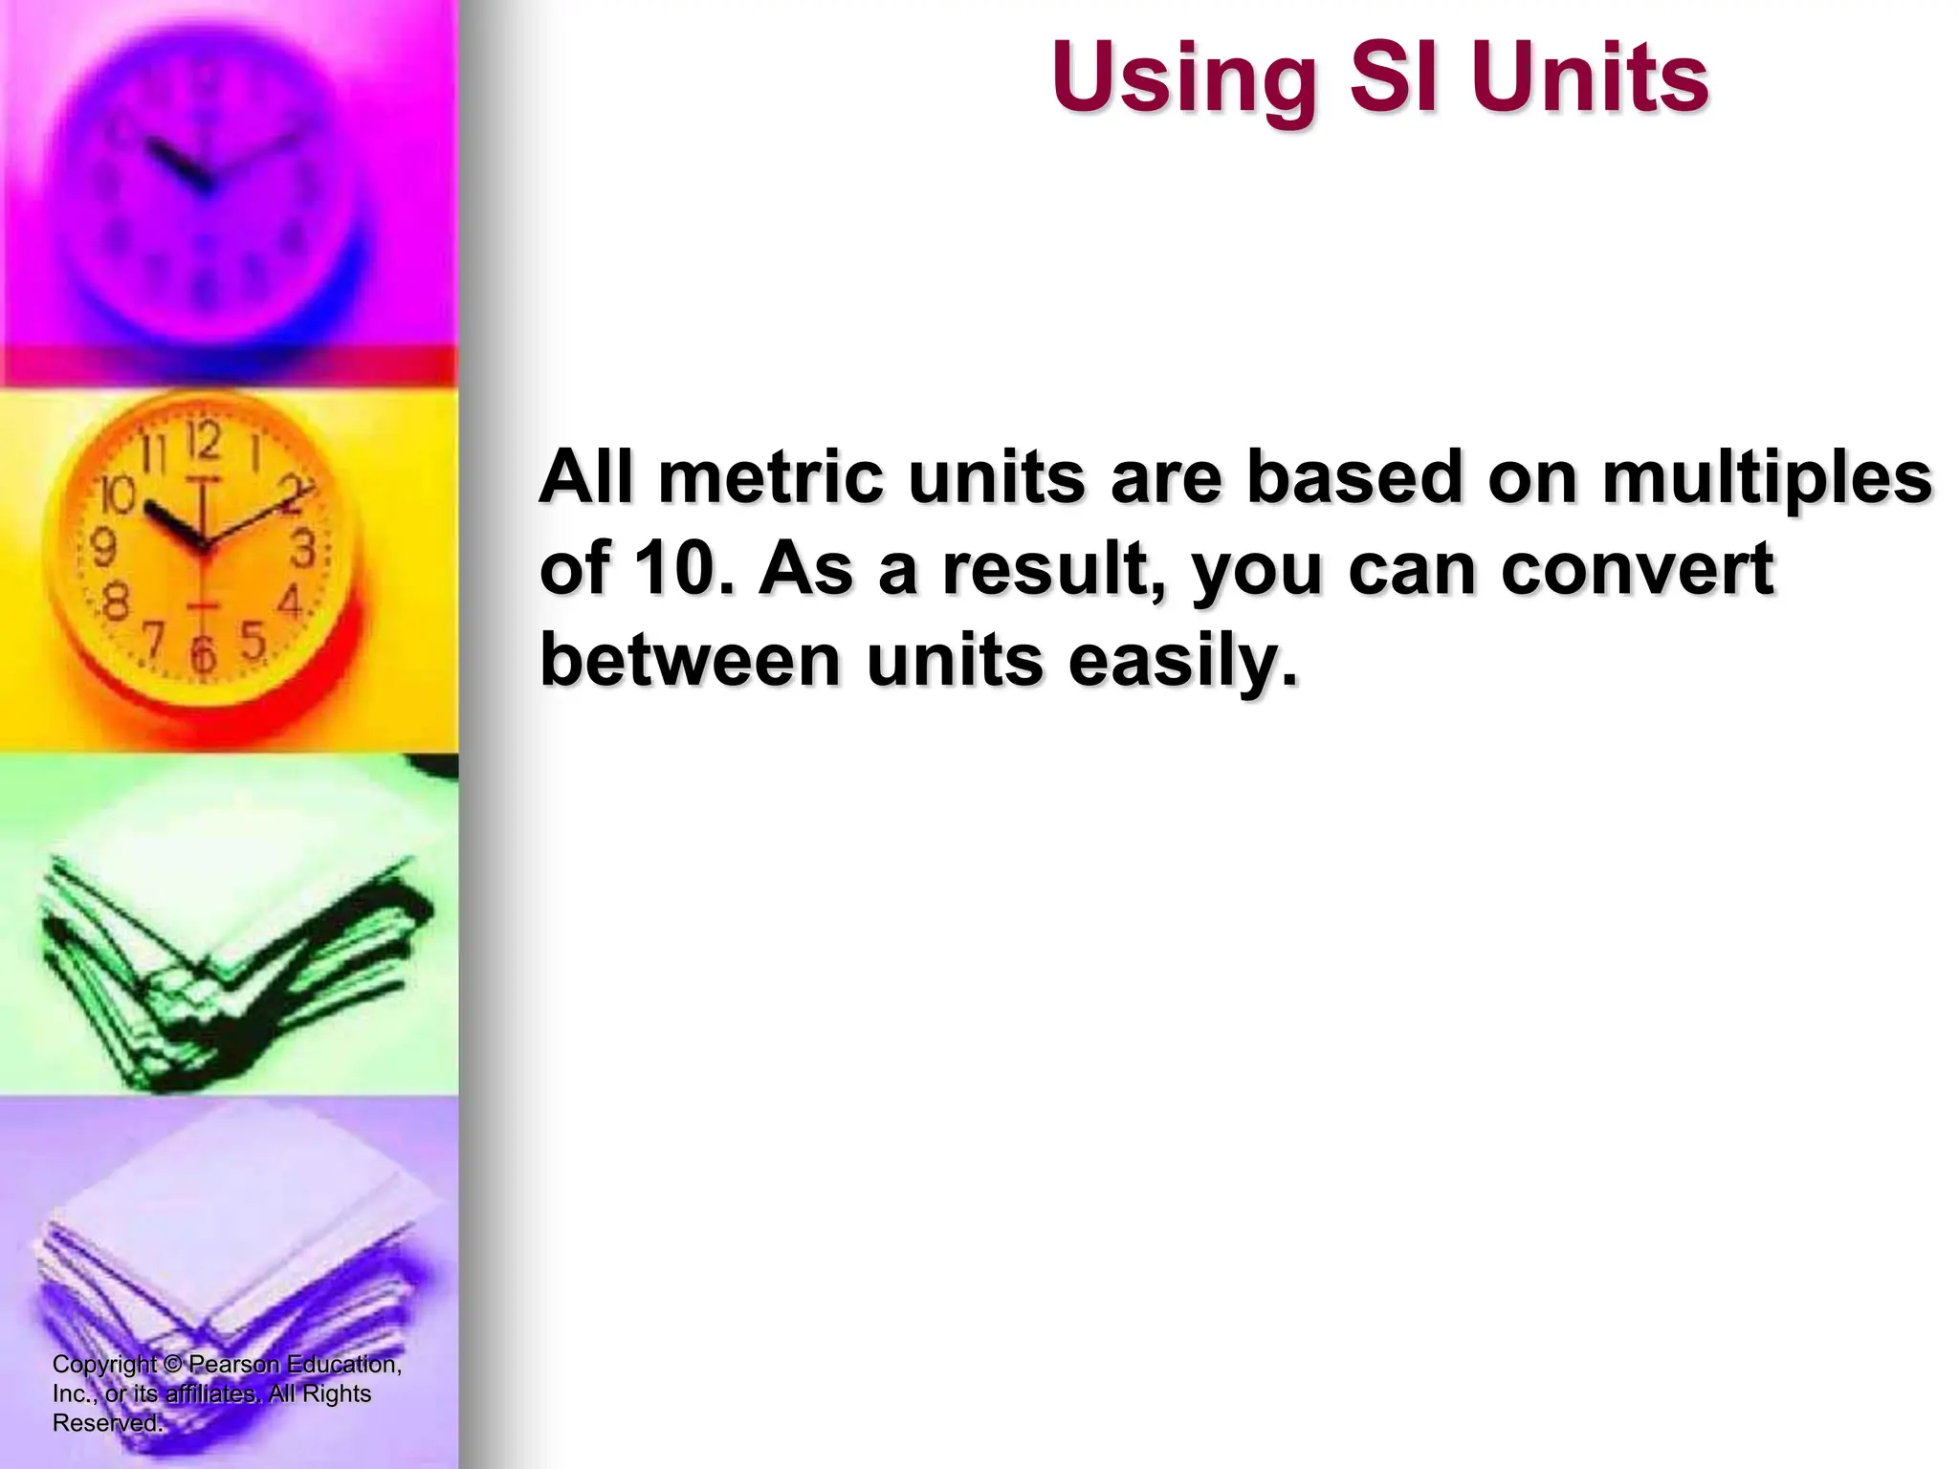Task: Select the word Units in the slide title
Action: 1590,78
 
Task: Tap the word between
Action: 690,659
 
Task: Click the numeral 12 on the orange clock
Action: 204,441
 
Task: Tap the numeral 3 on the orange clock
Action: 302,548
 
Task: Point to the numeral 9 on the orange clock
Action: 102,548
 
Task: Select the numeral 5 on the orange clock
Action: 252,640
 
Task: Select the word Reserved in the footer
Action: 106,1423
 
